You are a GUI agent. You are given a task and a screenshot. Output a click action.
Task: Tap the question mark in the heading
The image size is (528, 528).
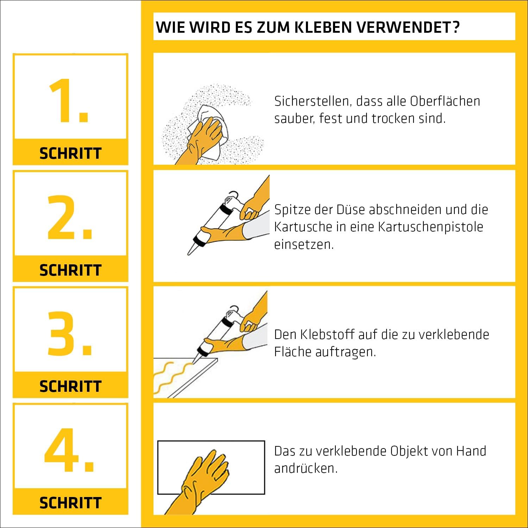pos(456,27)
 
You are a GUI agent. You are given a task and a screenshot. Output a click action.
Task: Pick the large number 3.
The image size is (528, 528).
pos(70,333)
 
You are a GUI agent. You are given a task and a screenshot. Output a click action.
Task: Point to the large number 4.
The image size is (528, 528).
pos(69,450)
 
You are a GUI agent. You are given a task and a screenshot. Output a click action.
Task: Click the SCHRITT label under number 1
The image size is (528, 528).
pos(70,153)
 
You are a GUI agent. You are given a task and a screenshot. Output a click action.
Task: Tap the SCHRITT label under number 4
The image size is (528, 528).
pos(70,503)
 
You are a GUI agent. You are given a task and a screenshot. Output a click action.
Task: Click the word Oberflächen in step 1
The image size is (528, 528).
pos(445,101)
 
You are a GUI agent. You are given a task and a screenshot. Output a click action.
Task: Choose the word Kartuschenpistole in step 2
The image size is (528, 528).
pos(430,227)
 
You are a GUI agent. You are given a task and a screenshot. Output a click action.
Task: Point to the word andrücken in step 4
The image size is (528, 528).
pos(306,469)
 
